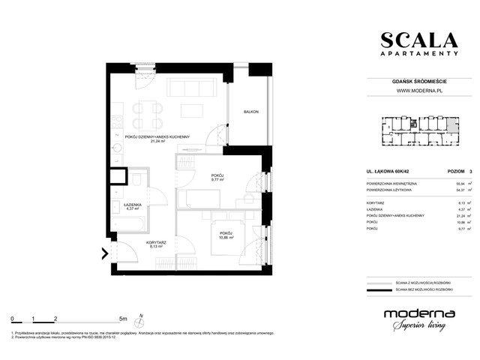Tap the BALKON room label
250,112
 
